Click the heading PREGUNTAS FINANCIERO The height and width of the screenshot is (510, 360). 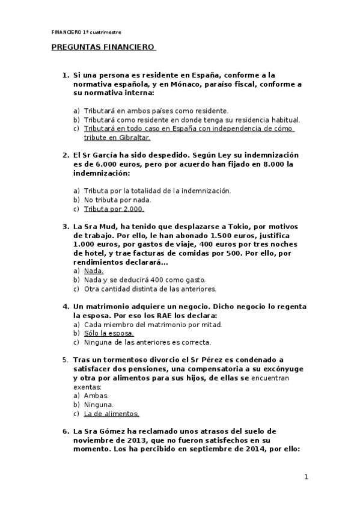[103, 47]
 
